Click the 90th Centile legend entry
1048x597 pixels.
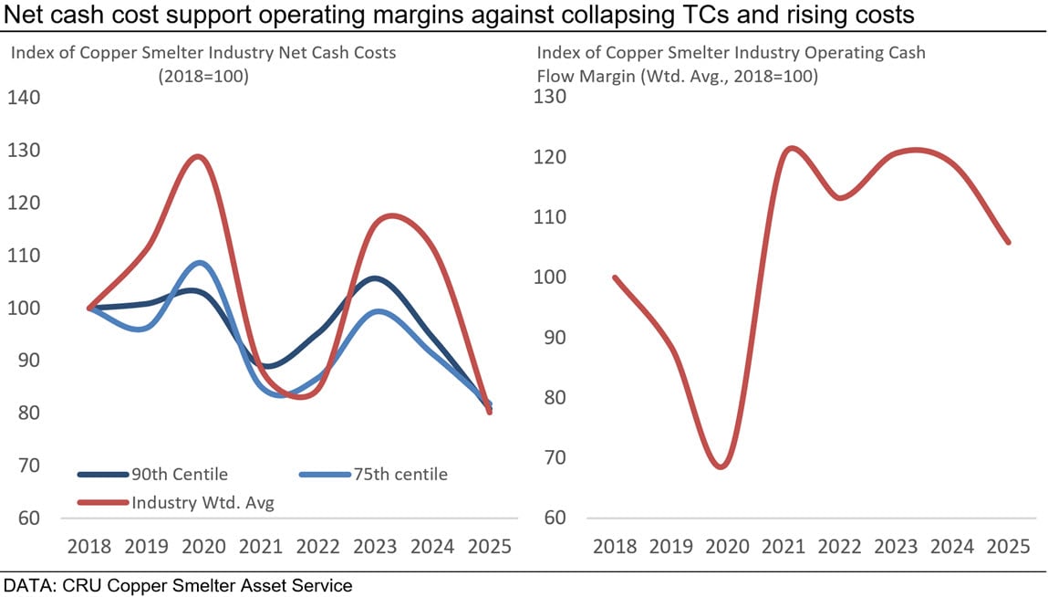[x=180, y=474]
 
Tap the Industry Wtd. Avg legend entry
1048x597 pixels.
[x=202, y=502]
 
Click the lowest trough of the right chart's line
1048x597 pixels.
[x=721, y=466]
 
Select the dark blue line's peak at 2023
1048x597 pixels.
[x=375, y=278]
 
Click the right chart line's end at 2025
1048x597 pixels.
[x=1009, y=242]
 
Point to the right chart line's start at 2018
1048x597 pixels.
[x=615, y=278]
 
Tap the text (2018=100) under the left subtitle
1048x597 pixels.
[x=202, y=77]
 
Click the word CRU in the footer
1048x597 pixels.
[x=81, y=584]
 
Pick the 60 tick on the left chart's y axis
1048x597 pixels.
[x=30, y=518]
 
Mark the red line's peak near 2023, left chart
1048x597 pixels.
[x=390, y=215]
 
